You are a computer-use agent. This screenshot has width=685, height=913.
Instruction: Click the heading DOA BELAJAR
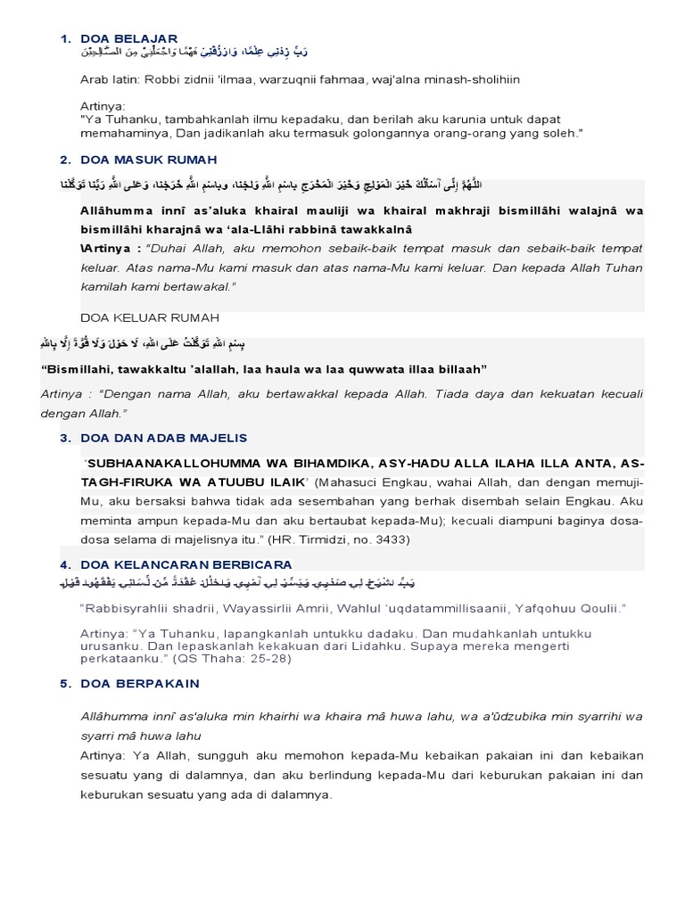pos(128,38)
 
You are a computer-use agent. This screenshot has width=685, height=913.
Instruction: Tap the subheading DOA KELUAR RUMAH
pos(149,317)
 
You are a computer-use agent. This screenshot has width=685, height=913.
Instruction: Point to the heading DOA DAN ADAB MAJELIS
pos(163,438)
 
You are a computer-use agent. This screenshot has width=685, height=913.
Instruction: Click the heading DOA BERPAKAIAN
pos(139,683)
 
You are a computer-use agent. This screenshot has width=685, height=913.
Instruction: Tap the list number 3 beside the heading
pos(65,438)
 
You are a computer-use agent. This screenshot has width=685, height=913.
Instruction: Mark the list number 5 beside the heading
pos(65,683)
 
